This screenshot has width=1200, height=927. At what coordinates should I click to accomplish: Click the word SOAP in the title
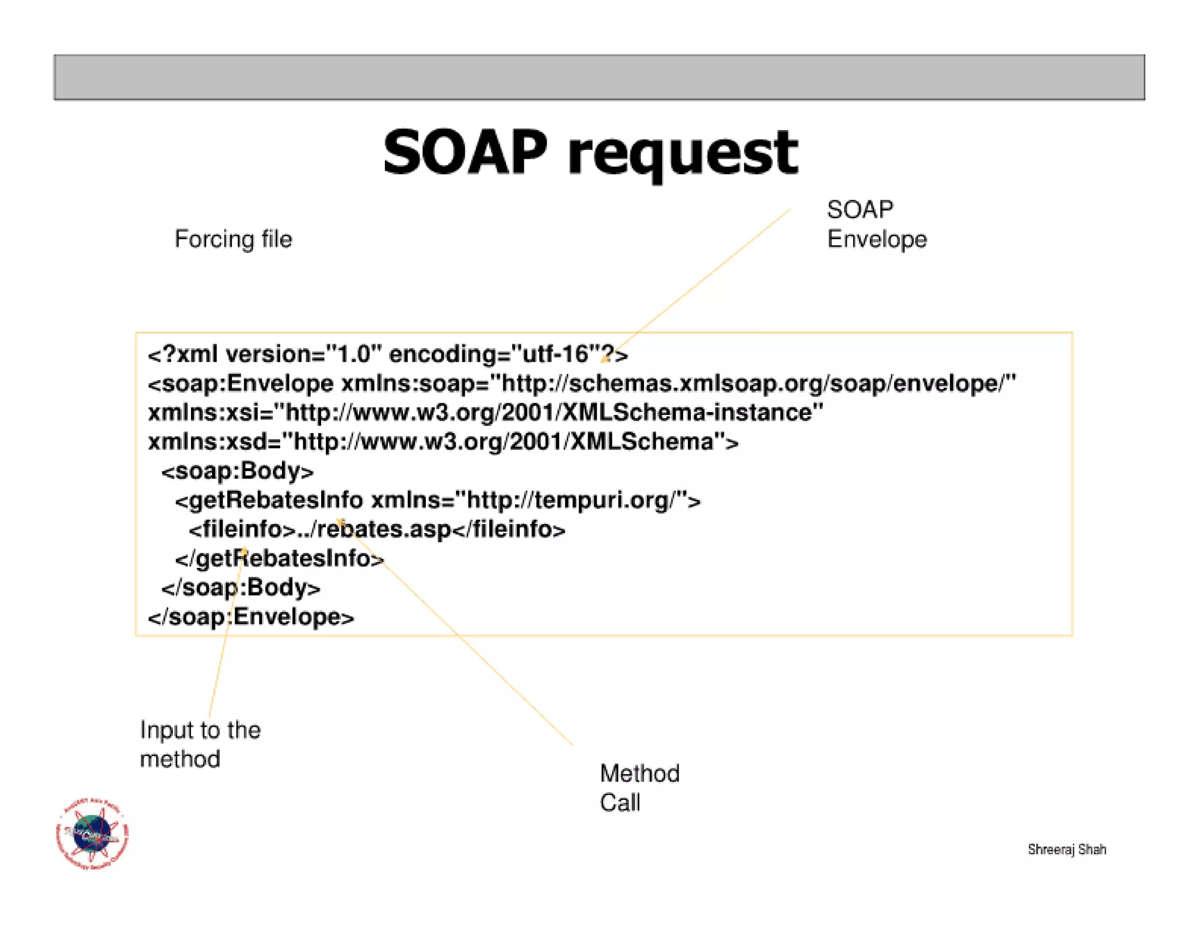466,153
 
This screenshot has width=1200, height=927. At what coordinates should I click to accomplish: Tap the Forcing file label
233,239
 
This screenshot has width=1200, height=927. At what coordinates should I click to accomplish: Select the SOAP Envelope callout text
876,224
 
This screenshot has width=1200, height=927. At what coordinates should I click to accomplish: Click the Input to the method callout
200,744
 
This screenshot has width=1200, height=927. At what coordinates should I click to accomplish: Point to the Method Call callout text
639,788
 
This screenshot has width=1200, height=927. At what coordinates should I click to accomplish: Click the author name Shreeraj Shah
1066,849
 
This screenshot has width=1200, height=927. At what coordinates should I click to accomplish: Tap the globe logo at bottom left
92,833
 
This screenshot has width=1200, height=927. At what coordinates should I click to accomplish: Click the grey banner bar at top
599,77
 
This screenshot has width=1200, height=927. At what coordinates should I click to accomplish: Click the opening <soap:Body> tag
237,471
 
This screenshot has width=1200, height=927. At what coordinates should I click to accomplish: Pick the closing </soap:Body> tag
241,588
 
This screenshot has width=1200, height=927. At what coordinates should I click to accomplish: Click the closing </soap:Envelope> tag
251,617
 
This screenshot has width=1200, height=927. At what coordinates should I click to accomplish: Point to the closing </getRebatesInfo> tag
279,558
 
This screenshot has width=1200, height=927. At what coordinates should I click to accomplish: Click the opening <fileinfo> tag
242,529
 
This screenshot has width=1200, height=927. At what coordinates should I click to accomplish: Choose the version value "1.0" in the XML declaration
354,355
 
